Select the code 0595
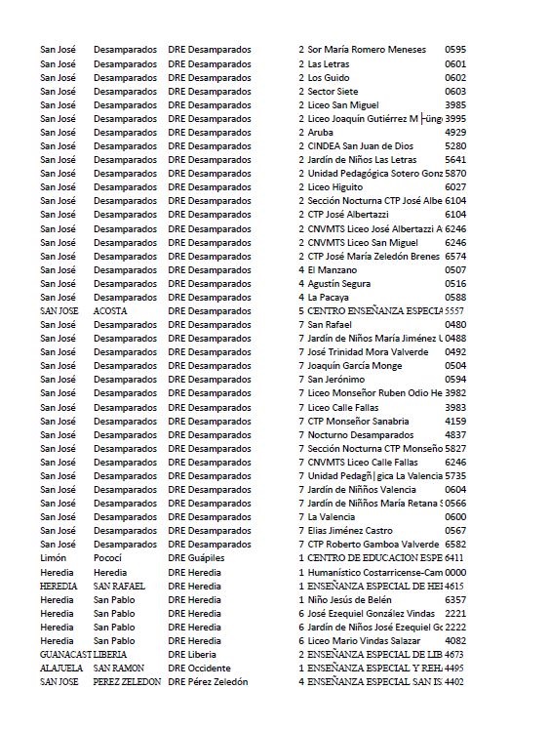[455, 49]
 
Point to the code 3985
[455, 104]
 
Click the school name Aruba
[321, 132]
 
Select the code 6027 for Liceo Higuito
[455, 186]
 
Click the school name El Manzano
[333, 269]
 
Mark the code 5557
[454, 310]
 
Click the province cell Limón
[53, 557]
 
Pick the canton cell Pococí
[110, 557]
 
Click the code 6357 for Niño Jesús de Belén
[455, 599]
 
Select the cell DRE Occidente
[199, 668]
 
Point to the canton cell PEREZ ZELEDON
[127, 681]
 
